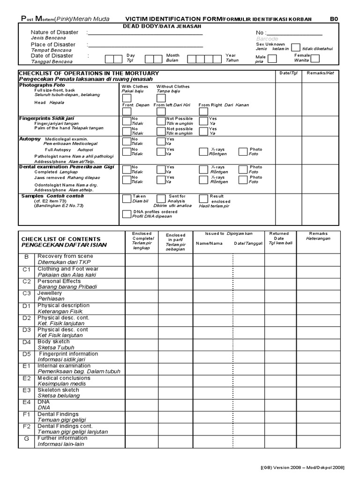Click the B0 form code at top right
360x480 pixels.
334,19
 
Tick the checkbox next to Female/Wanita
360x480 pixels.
315,59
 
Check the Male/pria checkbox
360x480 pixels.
272,59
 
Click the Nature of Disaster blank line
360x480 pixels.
145,33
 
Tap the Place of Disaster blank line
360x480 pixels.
145,45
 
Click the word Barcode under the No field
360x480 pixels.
267,39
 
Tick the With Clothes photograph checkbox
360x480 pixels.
127,98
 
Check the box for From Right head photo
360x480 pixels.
203,112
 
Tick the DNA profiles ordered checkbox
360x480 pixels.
127,214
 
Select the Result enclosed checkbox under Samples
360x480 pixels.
203,199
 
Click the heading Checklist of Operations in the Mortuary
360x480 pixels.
89,74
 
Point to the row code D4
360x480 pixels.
27,342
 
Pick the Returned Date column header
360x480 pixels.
279,238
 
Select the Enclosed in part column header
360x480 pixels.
175,242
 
